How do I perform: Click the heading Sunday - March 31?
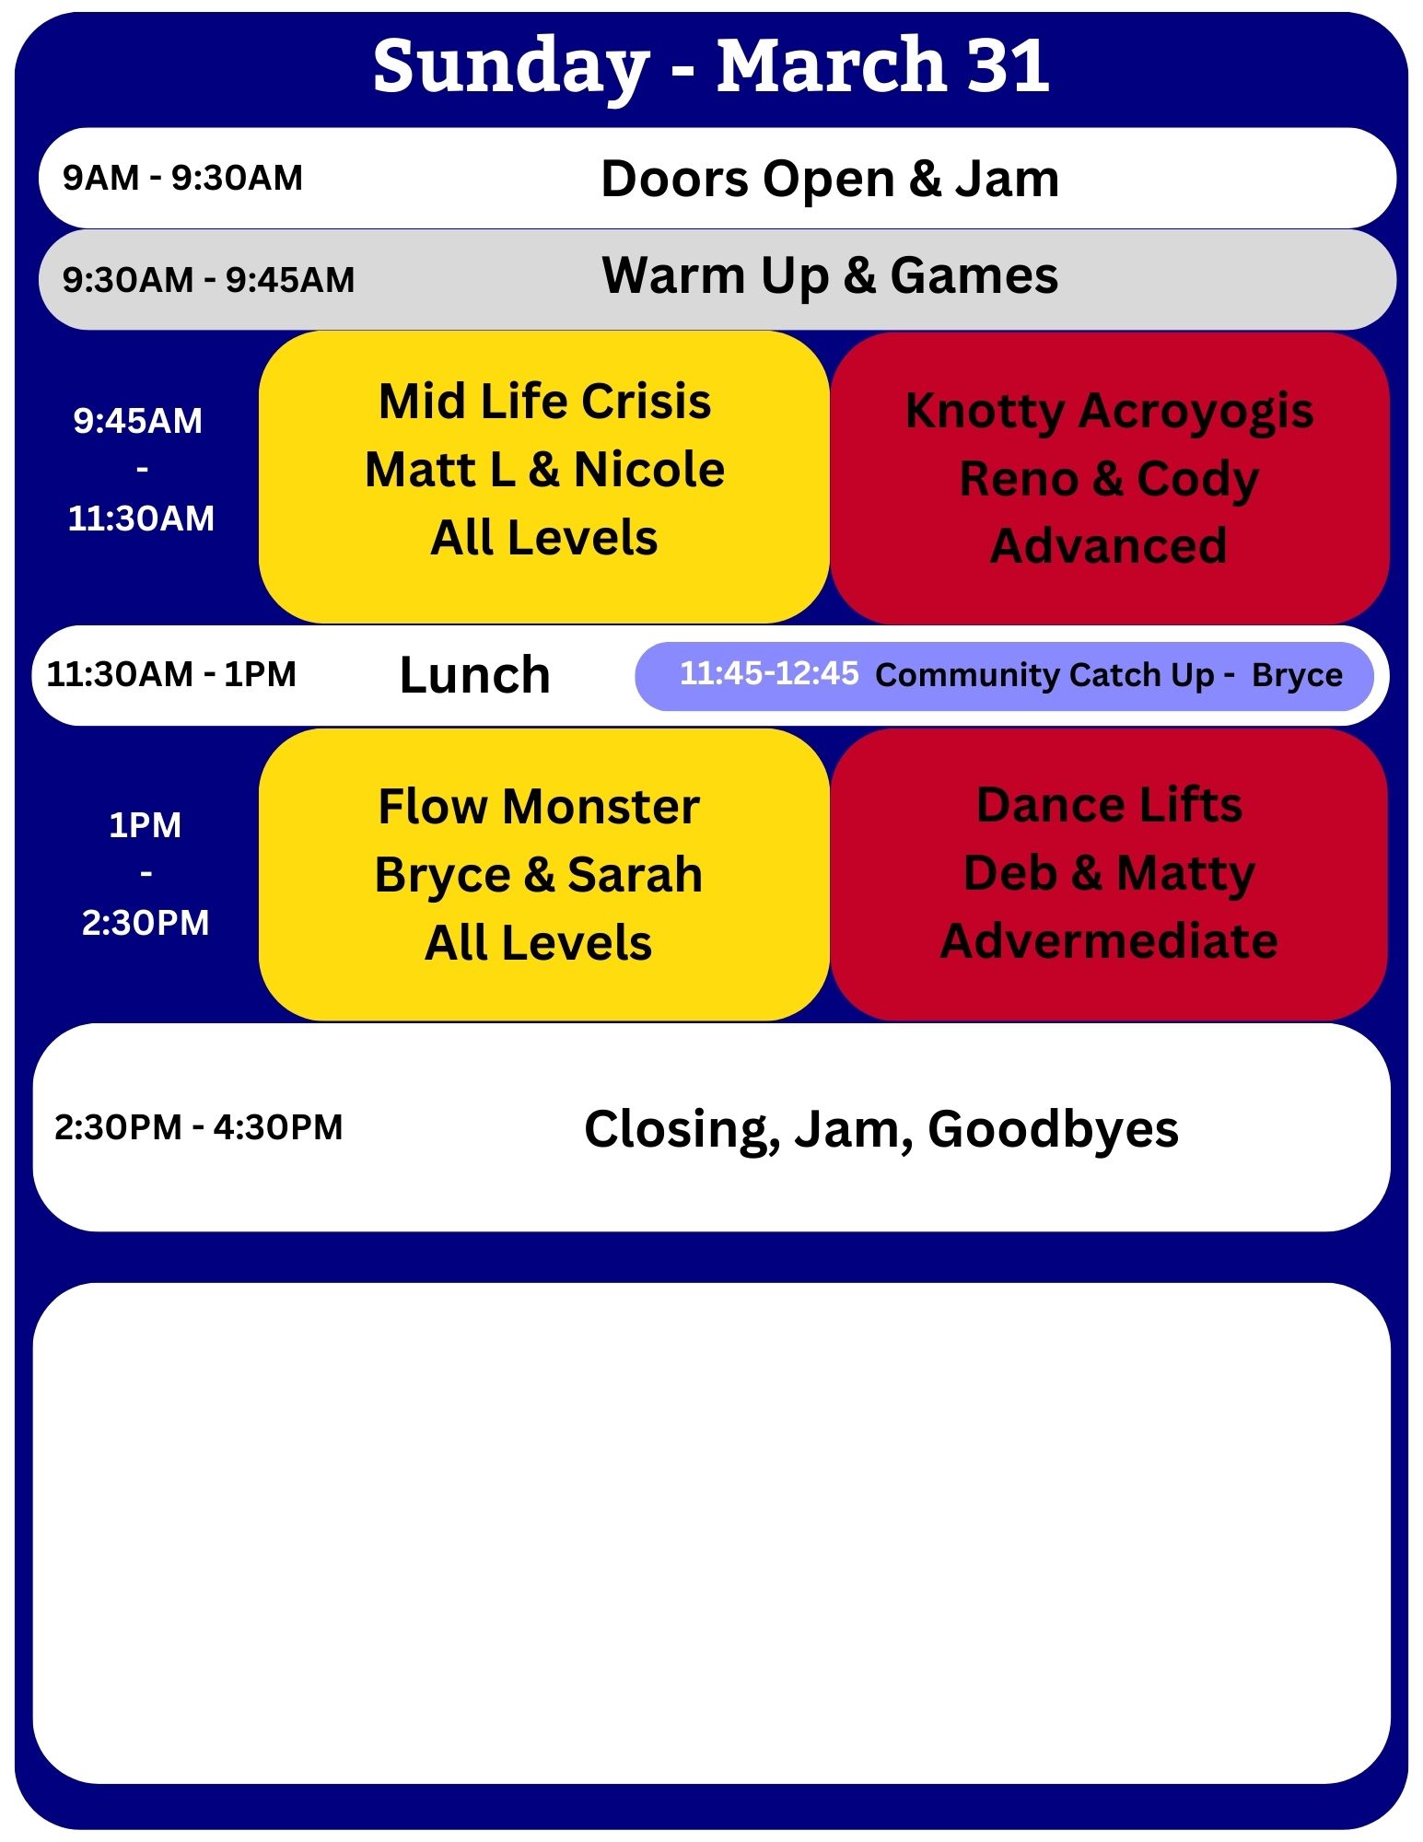point(711,66)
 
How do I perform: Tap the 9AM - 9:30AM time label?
point(182,178)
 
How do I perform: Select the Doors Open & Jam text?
point(830,179)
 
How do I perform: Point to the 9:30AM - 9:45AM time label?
point(208,279)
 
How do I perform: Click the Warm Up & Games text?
point(830,276)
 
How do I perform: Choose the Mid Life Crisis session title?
point(545,402)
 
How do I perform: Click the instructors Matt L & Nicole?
point(545,470)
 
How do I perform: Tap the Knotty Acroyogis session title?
point(1109,412)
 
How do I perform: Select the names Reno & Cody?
point(1109,479)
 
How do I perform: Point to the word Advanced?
point(1109,545)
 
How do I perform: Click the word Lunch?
point(475,675)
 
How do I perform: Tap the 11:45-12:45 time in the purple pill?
point(769,673)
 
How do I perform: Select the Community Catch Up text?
point(1044,675)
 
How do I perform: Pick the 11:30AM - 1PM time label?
point(171,674)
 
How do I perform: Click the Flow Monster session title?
point(539,807)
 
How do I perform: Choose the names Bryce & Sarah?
point(539,875)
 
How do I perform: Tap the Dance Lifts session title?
point(1109,805)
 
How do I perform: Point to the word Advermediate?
point(1109,940)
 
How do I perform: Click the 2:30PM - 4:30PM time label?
point(199,1127)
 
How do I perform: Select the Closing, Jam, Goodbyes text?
point(881,1129)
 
